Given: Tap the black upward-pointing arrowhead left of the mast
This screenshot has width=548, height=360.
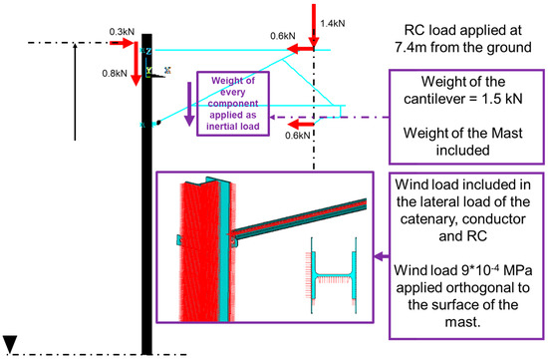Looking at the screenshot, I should click(76, 46).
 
